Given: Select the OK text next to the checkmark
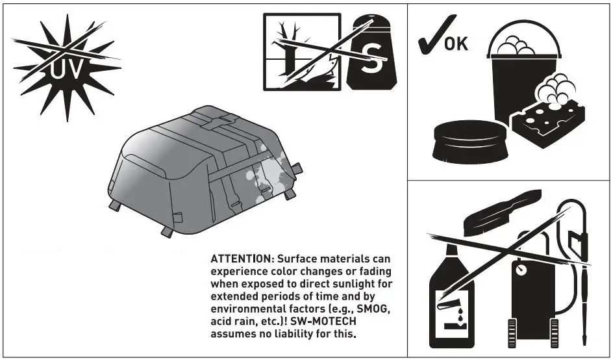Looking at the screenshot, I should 456,44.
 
